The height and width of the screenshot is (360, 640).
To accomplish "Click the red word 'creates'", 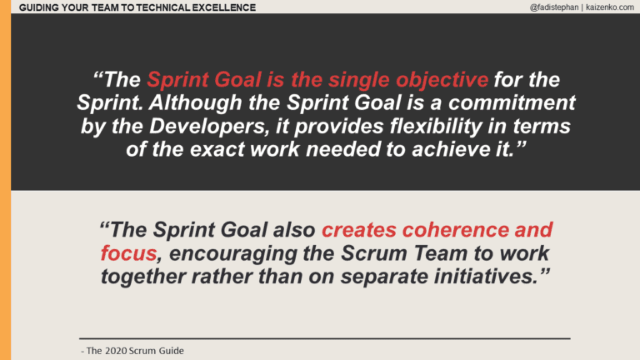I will click(357, 229).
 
